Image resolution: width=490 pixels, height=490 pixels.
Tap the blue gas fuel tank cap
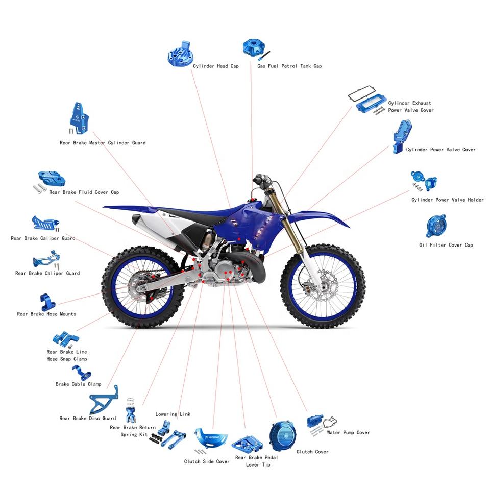click(x=253, y=48)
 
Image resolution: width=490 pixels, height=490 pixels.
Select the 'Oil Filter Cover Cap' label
click(x=446, y=245)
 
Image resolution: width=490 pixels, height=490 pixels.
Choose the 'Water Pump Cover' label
click(x=348, y=433)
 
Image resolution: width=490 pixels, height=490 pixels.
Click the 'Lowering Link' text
click(x=173, y=414)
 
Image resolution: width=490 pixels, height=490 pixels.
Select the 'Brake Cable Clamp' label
click(x=78, y=384)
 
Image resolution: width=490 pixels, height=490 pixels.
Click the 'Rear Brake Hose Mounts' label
click(x=46, y=314)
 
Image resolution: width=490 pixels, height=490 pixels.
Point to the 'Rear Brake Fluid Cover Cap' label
click(x=84, y=192)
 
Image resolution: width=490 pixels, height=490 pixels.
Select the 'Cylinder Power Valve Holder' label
click(x=448, y=200)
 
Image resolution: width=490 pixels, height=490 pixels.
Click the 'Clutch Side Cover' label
click(x=207, y=462)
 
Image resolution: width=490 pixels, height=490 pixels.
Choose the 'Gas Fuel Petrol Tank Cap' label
click(x=289, y=66)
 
